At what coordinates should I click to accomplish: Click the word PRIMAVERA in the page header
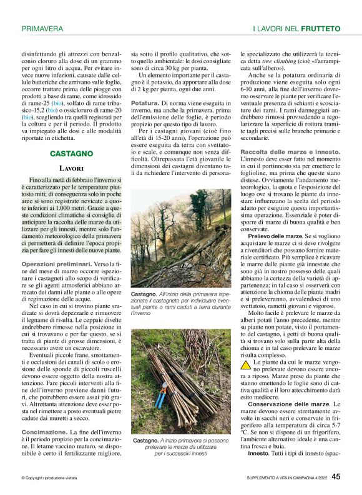pos(42,29)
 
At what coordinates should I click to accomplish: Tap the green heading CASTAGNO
pos(72,153)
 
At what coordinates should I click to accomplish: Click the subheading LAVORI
pos(71,168)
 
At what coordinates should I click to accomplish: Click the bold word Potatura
pos(145,102)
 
